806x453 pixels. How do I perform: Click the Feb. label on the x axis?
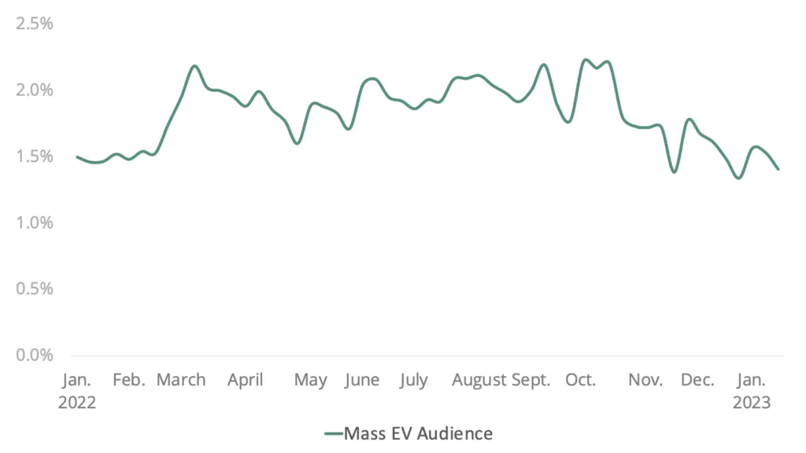(129, 381)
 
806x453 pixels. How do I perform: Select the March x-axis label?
(181, 381)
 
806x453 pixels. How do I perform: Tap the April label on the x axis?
(246, 381)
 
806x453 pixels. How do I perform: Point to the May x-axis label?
(311, 381)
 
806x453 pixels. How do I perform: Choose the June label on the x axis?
(362, 381)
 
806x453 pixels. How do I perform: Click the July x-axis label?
(413, 381)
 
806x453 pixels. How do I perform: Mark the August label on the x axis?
(479, 381)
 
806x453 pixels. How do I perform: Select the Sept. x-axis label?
(531, 381)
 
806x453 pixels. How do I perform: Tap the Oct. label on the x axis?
(582, 381)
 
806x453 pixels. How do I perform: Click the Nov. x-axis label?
(645, 381)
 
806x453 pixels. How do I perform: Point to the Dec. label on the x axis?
(697, 381)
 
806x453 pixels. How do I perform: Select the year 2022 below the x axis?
(77, 402)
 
